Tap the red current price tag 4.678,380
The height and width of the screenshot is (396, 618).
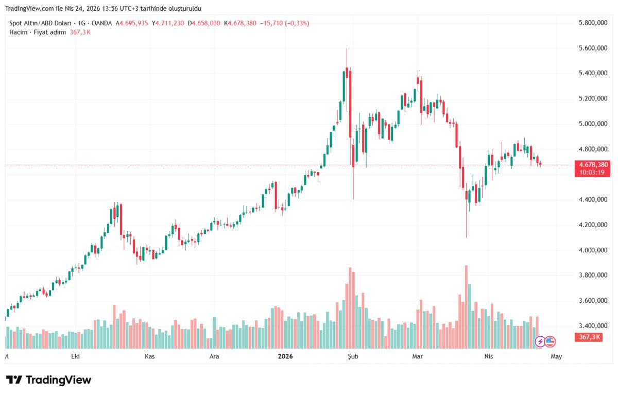[593, 165]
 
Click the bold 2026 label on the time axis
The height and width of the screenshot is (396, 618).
[285, 356]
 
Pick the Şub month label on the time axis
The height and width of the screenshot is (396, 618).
[352, 356]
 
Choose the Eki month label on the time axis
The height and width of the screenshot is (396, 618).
[76, 356]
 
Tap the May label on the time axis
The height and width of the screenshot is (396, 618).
[556, 356]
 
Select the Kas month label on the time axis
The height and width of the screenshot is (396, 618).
[150, 356]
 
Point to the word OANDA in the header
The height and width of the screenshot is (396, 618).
[101, 23]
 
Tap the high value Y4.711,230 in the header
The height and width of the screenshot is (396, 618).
[168, 23]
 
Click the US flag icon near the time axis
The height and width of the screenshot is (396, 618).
[550, 341]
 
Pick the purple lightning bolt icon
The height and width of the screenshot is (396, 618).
[540, 341]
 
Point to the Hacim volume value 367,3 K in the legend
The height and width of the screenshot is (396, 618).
[80, 32]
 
